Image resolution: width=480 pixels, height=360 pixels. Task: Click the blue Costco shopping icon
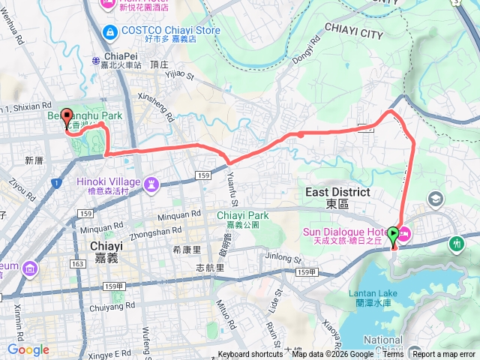coord(111,32)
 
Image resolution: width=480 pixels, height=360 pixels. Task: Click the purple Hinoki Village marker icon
coord(152,182)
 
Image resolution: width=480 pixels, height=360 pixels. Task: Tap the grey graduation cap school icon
coord(436,199)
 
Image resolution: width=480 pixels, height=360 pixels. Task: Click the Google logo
coord(28,349)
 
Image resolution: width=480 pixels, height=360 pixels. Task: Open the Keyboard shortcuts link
coord(250,355)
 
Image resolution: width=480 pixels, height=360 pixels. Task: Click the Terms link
coord(393,355)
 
